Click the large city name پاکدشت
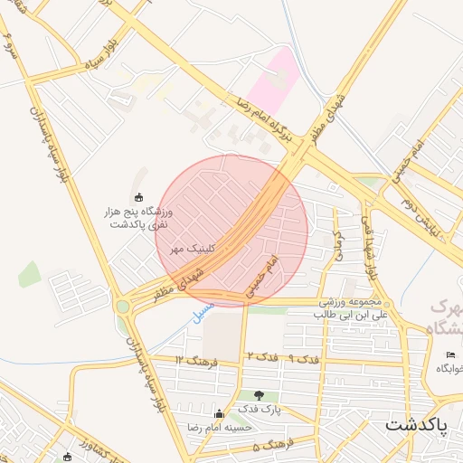click(423, 423)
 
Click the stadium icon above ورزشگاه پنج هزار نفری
click(138, 197)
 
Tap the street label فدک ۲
click(260, 359)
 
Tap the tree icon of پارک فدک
click(260, 395)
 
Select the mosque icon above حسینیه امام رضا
click(218, 414)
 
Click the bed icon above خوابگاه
click(450, 354)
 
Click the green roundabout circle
click(122, 307)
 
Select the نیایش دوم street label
click(424, 213)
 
